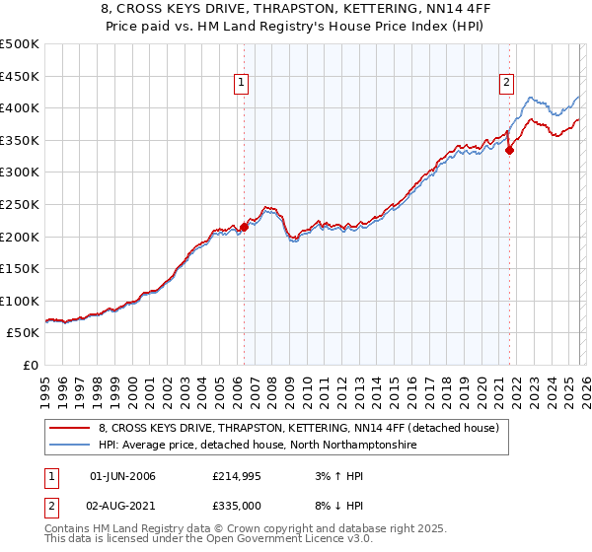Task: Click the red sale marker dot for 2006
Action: coord(244,227)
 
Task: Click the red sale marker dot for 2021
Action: coord(510,150)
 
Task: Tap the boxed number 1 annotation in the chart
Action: coord(241,84)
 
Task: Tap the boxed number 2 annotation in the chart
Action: coord(506,84)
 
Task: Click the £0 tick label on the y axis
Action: coord(29,365)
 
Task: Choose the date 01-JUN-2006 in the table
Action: coord(122,477)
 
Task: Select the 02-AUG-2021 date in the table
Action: coord(122,507)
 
